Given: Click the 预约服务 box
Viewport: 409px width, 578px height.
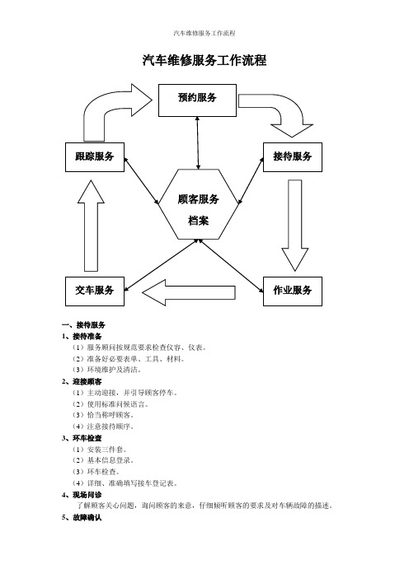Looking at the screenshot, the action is [197, 100].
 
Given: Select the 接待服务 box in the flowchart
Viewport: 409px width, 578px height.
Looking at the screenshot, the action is [293, 157].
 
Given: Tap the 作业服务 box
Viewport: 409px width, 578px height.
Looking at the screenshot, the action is [293, 291].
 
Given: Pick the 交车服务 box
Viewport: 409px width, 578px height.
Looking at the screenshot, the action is [95, 291].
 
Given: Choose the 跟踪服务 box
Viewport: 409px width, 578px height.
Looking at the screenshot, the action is [95, 157].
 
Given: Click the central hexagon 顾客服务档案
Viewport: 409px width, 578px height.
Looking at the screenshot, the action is [199, 204].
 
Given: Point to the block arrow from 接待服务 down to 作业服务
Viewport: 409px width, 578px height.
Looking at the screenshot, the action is [295, 226].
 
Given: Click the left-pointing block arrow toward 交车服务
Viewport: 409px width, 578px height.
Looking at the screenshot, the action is [189, 292].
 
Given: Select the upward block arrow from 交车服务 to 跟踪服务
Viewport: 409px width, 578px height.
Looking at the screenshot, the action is [91, 226].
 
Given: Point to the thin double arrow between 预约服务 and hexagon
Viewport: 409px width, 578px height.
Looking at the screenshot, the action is [198, 143].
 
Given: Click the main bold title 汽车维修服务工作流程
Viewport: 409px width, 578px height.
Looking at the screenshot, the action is [204, 60].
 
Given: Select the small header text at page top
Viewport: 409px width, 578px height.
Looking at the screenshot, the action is [204, 33].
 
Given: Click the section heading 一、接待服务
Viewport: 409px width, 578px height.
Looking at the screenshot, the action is [84, 324].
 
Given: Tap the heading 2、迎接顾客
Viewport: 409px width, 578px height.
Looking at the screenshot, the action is [82, 381].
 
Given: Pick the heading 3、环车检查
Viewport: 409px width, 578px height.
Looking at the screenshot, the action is [82, 438].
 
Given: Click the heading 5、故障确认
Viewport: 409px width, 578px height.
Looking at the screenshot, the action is [82, 518].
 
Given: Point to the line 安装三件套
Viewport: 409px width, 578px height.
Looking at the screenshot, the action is [100, 450].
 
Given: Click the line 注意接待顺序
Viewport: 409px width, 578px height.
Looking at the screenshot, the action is [103, 427].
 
